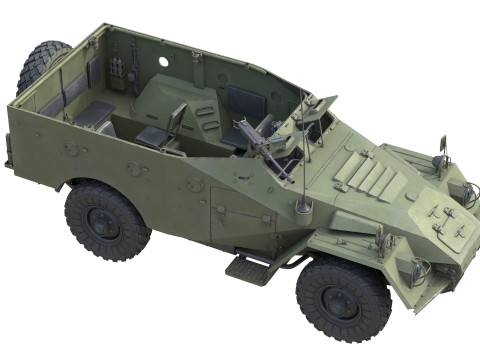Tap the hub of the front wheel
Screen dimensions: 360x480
343,299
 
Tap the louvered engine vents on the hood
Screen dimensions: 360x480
372,180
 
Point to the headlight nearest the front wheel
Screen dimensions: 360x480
419,268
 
